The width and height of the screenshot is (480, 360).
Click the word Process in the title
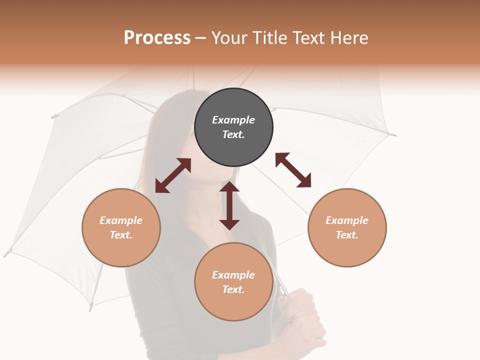coord(157,38)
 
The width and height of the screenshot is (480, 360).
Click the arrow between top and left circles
coord(173,175)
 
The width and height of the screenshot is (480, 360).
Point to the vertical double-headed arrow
coord(229,205)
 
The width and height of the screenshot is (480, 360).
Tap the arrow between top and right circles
coord(293,170)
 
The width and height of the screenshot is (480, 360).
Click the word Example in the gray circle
coord(233,120)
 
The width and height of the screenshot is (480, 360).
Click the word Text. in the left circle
coord(121,235)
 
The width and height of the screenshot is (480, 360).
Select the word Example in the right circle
coord(347,220)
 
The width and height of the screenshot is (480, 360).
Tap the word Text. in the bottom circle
coord(233,289)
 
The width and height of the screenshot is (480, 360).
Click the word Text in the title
coord(310,38)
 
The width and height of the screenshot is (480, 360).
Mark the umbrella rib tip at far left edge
coord(6,253)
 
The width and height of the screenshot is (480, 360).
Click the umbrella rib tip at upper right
coord(393,134)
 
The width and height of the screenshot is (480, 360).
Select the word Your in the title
coord(229,38)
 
